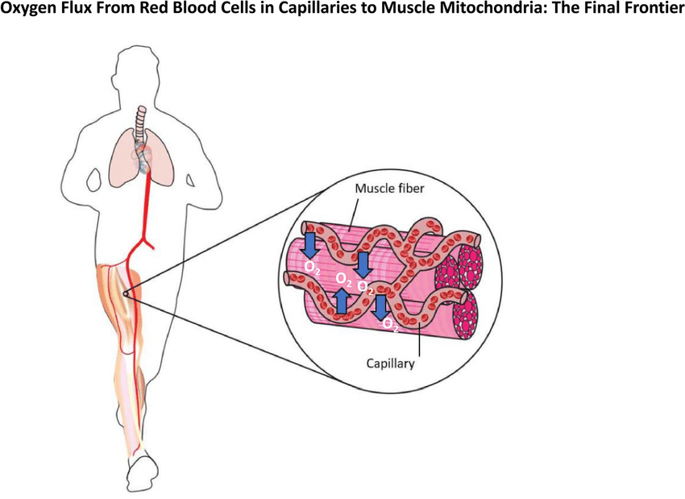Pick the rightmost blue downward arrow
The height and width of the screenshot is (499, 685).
pyautogui.click(x=381, y=308)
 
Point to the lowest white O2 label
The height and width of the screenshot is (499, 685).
pyautogui.click(x=390, y=325)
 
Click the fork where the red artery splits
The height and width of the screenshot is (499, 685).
pyautogui.click(x=146, y=237)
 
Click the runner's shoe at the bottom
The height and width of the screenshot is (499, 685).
pyautogui.click(x=143, y=472)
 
